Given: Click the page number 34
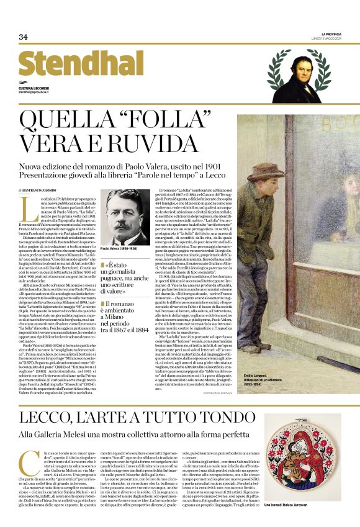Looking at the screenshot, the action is pyautogui.click(x=23, y=37).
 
